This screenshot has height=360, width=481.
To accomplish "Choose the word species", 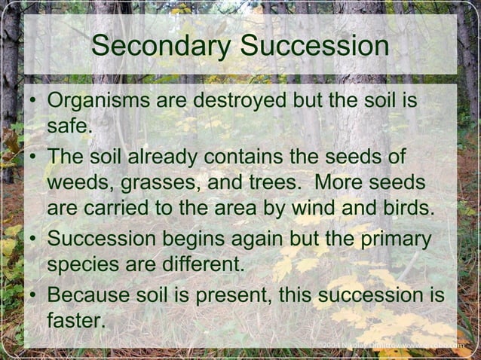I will click(83, 265).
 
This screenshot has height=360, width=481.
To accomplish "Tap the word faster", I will click(74, 321).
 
